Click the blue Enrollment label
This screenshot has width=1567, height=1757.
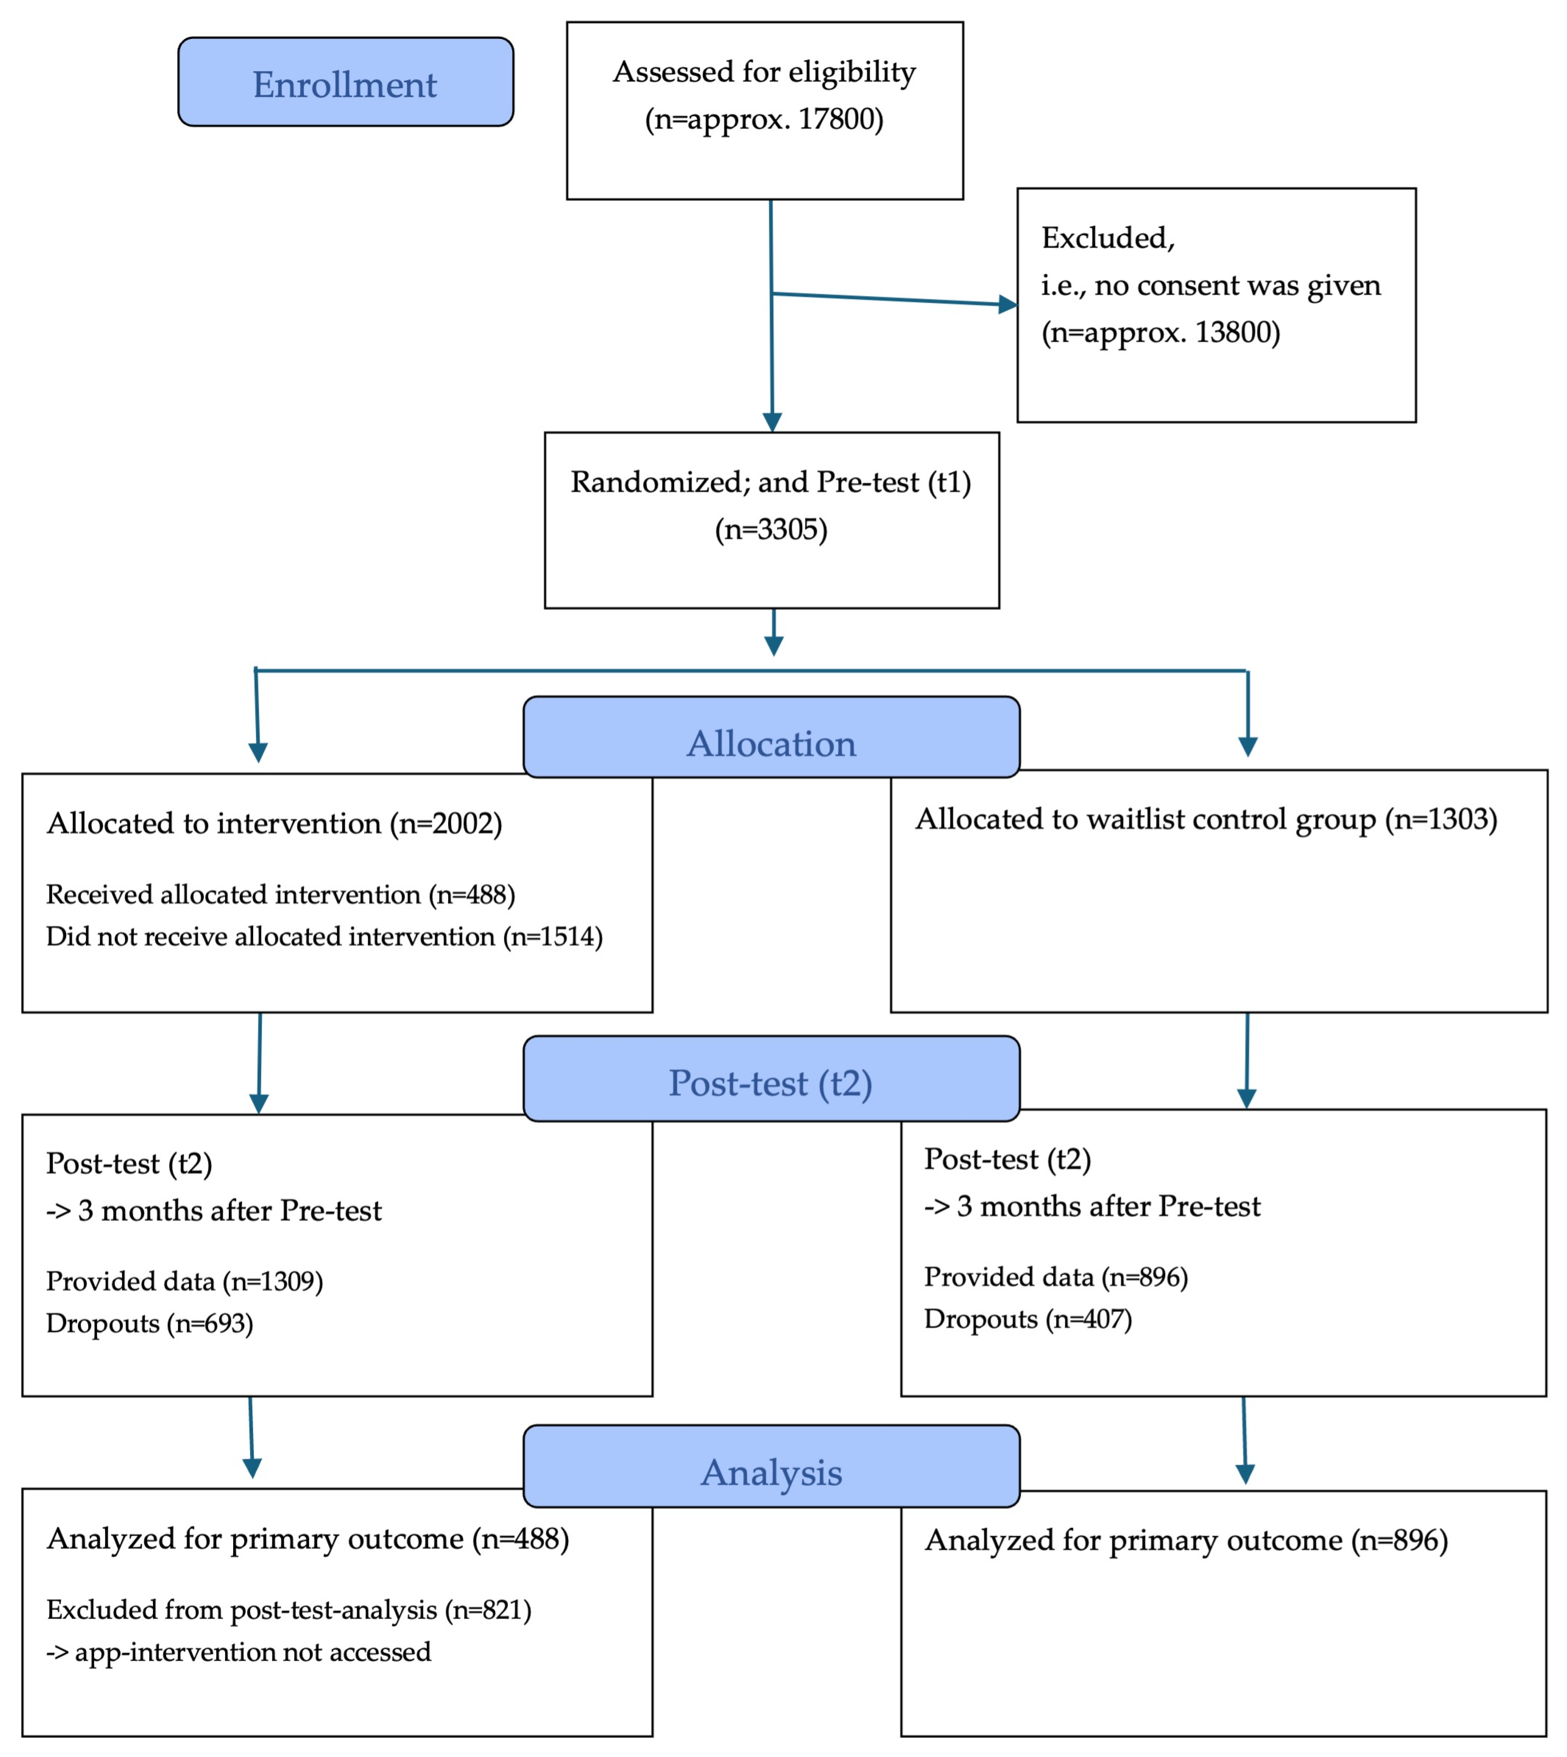click(345, 84)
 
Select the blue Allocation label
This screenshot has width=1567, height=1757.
click(771, 743)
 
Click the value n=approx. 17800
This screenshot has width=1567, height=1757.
click(764, 119)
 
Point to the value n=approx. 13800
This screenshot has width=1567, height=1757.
click(1161, 332)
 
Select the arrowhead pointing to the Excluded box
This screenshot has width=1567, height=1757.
click(1007, 304)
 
